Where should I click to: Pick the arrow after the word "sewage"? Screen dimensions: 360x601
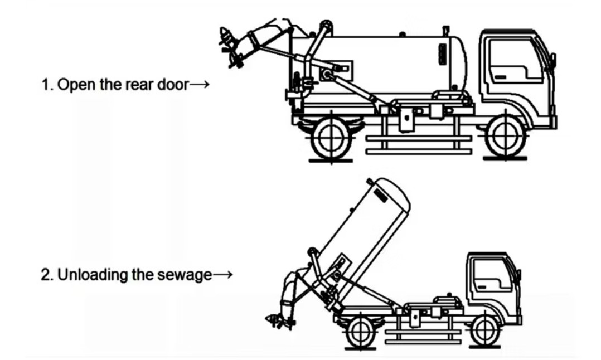[x=221, y=275]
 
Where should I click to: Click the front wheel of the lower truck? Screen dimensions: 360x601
[x=483, y=330]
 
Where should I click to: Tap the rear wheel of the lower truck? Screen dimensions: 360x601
[x=359, y=331]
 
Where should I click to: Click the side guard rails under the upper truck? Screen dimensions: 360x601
[x=418, y=144]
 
